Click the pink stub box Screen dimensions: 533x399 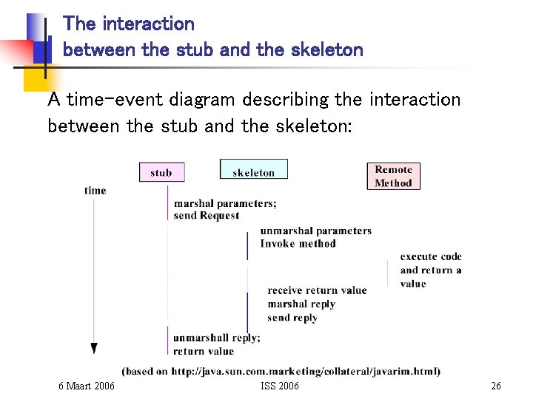coord(161,172)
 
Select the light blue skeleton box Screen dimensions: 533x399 coord(253,171)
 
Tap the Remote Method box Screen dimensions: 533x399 coord(393,176)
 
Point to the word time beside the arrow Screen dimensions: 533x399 coord(95,191)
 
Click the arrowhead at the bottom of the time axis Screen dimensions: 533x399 coord(94,348)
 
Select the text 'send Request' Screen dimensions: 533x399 coord(207,216)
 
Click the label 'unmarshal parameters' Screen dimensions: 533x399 coord(315,231)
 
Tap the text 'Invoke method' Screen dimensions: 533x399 coord(298,243)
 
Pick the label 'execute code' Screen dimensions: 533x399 coord(431,256)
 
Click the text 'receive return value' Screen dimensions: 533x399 coord(317,290)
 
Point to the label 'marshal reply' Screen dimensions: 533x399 coord(301,304)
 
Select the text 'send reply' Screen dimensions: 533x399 coord(292,318)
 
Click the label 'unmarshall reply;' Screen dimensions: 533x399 coord(216,338)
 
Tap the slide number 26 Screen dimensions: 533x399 coord(496,386)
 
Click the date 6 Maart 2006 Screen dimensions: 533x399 coord(87,386)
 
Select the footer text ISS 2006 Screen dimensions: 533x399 coord(280,386)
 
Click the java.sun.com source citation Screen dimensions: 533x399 coord(281,371)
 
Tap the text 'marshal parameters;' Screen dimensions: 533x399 coord(225,203)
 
